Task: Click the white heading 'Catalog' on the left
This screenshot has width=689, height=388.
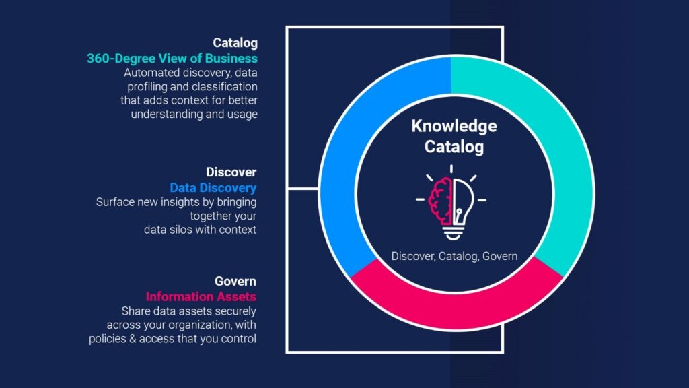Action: pyautogui.click(x=235, y=43)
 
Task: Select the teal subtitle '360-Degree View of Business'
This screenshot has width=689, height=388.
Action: pyautogui.click(x=172, y=58)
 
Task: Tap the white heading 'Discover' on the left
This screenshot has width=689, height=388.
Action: pyautogui.click(x=231, y=172)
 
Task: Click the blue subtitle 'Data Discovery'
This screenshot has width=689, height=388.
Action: pyautogui.click(x=213, y=188)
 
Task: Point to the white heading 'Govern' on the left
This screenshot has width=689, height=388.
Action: pyautogui.click(x=235, y=281)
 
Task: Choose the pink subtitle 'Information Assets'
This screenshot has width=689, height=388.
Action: pyautogui.click(x=201, y=296)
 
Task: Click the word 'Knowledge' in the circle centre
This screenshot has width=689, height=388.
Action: pyautogui.click(x=454, y=127)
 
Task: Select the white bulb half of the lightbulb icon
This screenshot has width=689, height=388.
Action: pyautogui.click(x=464, y=202)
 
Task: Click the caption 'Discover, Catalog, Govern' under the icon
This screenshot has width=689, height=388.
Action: pyautogui.click(x=454, y=256)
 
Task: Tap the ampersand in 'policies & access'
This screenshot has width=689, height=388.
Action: pyautogui.click(x=133, y=339)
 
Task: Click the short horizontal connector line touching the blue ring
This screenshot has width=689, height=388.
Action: pyautogui.click(x=303, y=189)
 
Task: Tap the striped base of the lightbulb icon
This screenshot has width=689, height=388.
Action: pyautogui.click(x=452, y=232)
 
